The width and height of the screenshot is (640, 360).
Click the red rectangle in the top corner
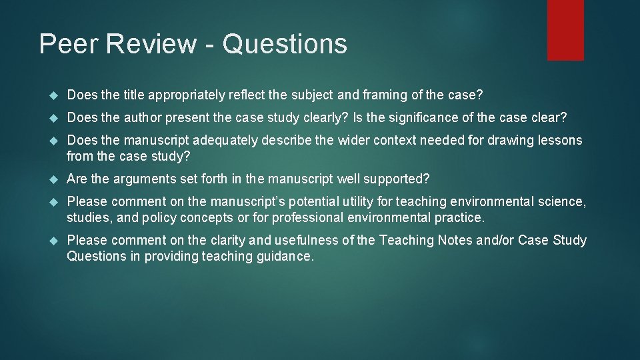(565, 30)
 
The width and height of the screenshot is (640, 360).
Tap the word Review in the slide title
(153, 44)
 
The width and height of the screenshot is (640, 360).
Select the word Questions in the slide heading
(285, 44)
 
